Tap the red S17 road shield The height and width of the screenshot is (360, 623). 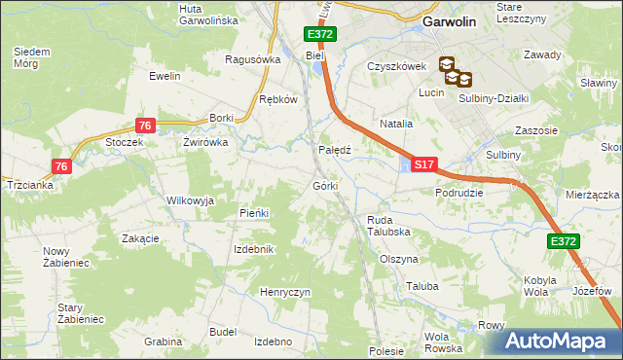point(422,166)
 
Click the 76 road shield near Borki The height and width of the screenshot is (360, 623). point(144,126)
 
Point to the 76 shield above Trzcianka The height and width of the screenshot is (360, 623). point(60,166)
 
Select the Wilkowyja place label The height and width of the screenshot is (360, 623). point(190,199)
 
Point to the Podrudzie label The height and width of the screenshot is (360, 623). point(460,193)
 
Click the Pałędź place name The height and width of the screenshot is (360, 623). point(335,151)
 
